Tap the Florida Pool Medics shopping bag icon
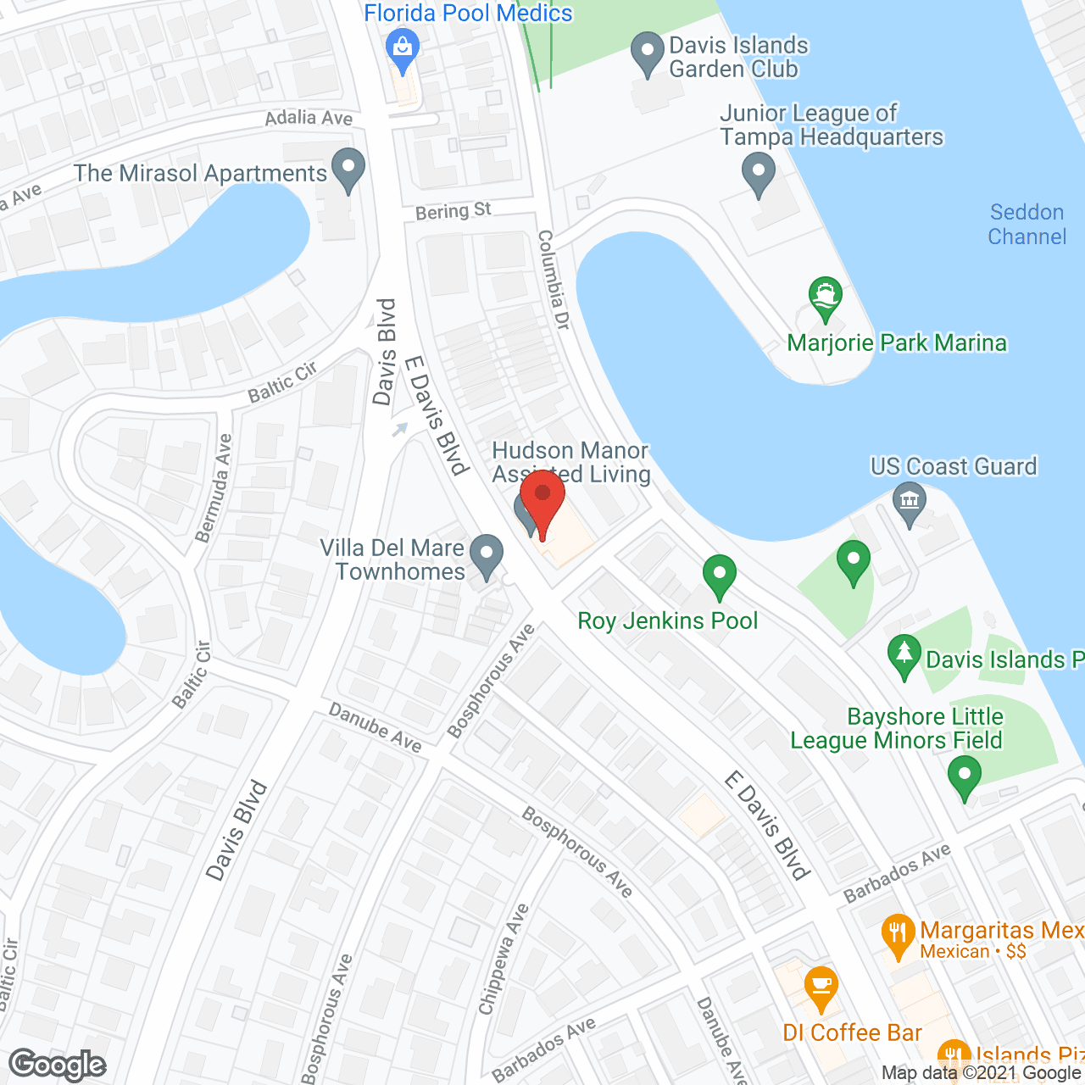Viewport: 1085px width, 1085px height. pos(403,47)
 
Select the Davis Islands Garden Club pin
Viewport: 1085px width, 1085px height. pos(648,53)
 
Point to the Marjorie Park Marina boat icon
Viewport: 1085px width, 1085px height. pos(825,298)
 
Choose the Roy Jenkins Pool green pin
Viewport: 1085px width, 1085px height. pos(720,576)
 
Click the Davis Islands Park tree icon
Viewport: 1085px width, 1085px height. pos(904,655)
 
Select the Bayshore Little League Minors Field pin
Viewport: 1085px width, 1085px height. pos(964,776)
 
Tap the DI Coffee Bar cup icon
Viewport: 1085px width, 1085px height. pos(821,986)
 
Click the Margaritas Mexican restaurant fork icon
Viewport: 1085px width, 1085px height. pos(898,934)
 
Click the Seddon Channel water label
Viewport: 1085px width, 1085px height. pos(1027,225)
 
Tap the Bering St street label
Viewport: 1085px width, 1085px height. pos(453,211)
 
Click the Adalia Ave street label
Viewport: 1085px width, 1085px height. pos(309,118)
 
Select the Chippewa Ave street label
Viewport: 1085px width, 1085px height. pos(504,959)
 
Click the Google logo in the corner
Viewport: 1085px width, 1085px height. pos(58,1065)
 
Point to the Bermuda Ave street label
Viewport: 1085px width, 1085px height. pos(214,488)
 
